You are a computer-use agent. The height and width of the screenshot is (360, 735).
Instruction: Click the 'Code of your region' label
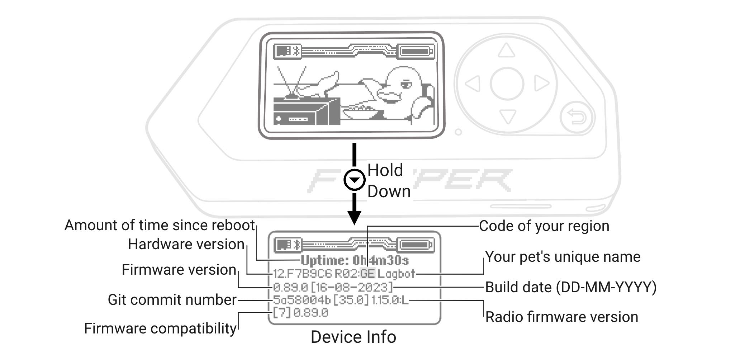544,226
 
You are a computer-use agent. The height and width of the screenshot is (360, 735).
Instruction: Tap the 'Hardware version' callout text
186,245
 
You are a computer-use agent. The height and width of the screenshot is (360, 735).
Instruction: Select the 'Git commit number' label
172,300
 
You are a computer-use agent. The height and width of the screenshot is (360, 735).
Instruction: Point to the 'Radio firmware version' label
561,317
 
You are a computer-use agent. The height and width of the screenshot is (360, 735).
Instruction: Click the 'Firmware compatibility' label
160,328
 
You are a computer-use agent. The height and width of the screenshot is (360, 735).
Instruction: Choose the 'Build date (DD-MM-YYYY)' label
570,287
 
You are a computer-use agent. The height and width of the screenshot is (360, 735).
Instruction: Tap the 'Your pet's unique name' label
563,257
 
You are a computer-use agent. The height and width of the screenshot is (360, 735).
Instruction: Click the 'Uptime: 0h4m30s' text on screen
355,261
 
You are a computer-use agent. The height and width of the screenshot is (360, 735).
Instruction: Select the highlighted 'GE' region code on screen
367,274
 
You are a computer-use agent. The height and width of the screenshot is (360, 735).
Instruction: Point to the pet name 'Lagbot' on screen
396,274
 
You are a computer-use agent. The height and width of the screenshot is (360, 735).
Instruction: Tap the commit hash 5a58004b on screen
302,300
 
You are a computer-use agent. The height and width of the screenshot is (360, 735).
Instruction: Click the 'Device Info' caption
353,337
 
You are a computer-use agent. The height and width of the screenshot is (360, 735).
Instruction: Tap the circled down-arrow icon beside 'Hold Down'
354,180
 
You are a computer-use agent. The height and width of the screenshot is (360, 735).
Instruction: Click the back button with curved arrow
577,118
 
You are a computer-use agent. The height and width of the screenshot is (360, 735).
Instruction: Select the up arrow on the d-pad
506,51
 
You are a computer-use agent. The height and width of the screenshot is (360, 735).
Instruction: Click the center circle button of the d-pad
507,84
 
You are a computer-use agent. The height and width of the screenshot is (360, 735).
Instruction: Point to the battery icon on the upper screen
416,51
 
